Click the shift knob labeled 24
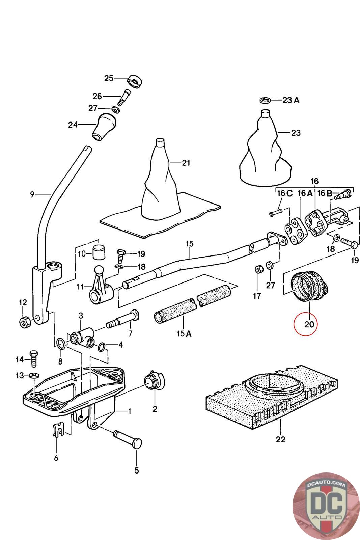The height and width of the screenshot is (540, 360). point(104,126)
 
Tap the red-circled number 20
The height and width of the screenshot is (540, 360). point(309,324)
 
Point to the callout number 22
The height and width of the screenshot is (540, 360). point(280,439)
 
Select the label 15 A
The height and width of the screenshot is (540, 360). point(184,334)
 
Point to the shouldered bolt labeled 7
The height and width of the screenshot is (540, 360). point(123,319)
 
